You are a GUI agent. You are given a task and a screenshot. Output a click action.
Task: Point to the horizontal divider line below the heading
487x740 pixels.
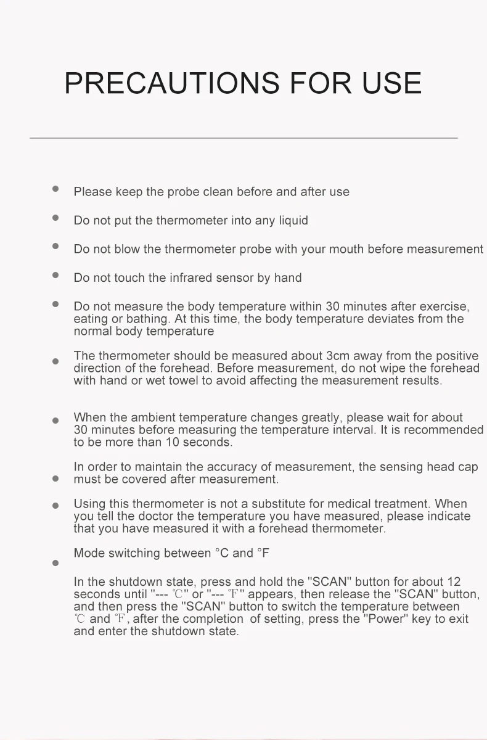tap(243, 138)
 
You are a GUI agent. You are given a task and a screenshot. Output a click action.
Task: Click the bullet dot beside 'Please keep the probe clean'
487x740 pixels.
tap(55, 189)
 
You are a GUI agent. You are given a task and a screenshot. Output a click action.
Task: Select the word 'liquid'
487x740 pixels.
tap(293, 221)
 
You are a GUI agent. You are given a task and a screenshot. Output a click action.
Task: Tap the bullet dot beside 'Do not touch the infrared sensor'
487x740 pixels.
tap(55, 275)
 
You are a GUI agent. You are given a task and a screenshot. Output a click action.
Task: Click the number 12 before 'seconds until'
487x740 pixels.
tap(454, 582)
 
